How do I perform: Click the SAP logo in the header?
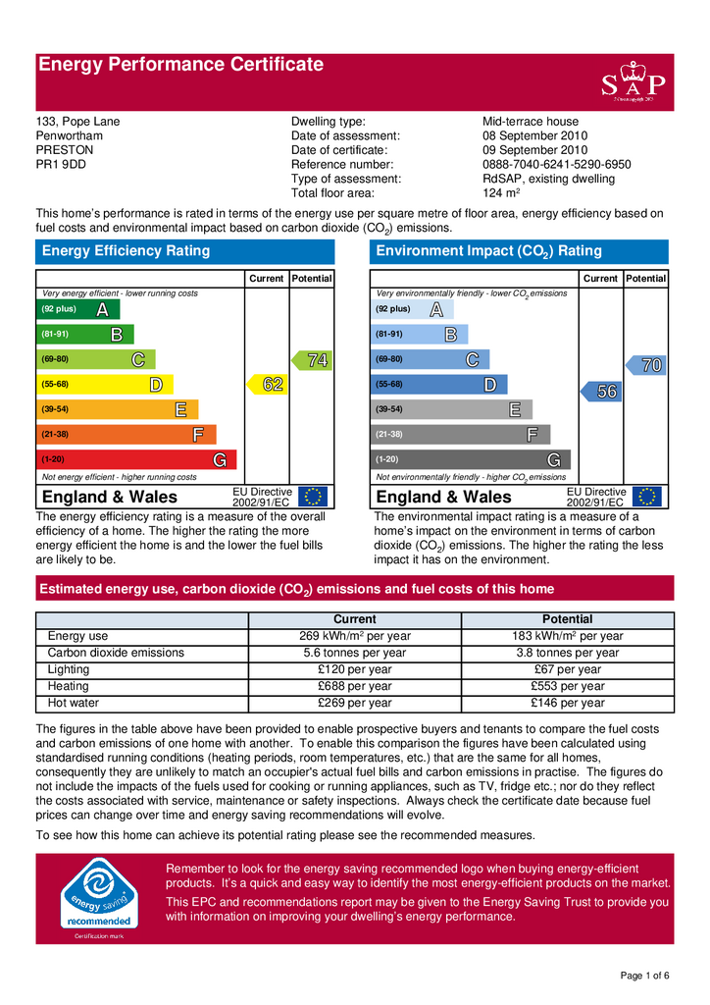[633, 82]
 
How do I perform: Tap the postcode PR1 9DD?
[61, 165]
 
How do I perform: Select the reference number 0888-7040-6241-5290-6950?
[556, 165]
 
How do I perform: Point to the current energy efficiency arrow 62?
[268, 385]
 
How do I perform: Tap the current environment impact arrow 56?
[602, 392]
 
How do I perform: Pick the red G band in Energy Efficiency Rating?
[136, 459]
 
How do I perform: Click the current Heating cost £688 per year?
[354, 686]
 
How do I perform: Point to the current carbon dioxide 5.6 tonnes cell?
[354, 653]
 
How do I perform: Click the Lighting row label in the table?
[69, 669]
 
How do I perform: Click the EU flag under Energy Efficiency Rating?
[314, 497]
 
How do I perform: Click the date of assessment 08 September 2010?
[534, 136]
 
